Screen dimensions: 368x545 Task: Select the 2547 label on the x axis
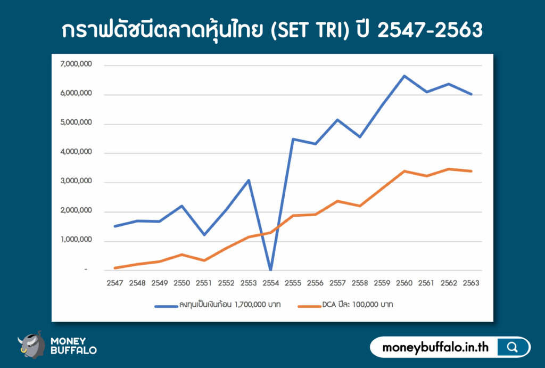click(x=115, y=283)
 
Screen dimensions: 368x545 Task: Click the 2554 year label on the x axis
click(x=271, y=283)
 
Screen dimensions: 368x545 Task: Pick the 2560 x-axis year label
click(x=404, y=283)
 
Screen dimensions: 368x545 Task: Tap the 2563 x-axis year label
click(x=471, y=283)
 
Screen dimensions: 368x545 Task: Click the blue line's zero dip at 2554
click(x=271, y=269)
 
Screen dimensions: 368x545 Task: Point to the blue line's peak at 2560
click(x=404, y=76)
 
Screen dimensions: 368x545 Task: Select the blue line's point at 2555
click(x=293, y=139)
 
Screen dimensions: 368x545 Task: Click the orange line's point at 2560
click(x=404, y=171)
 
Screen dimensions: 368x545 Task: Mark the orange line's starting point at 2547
click(x=115, y=268)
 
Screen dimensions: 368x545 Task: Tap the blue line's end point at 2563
click(x=471, y=94)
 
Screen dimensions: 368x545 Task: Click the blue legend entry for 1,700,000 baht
click(x=218, y=305)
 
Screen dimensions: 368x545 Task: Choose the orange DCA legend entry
click(x=345, y=305)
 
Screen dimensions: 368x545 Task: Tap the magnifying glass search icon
click(x=513, y=347)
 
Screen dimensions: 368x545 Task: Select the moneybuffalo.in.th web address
click(x=435, y=347)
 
